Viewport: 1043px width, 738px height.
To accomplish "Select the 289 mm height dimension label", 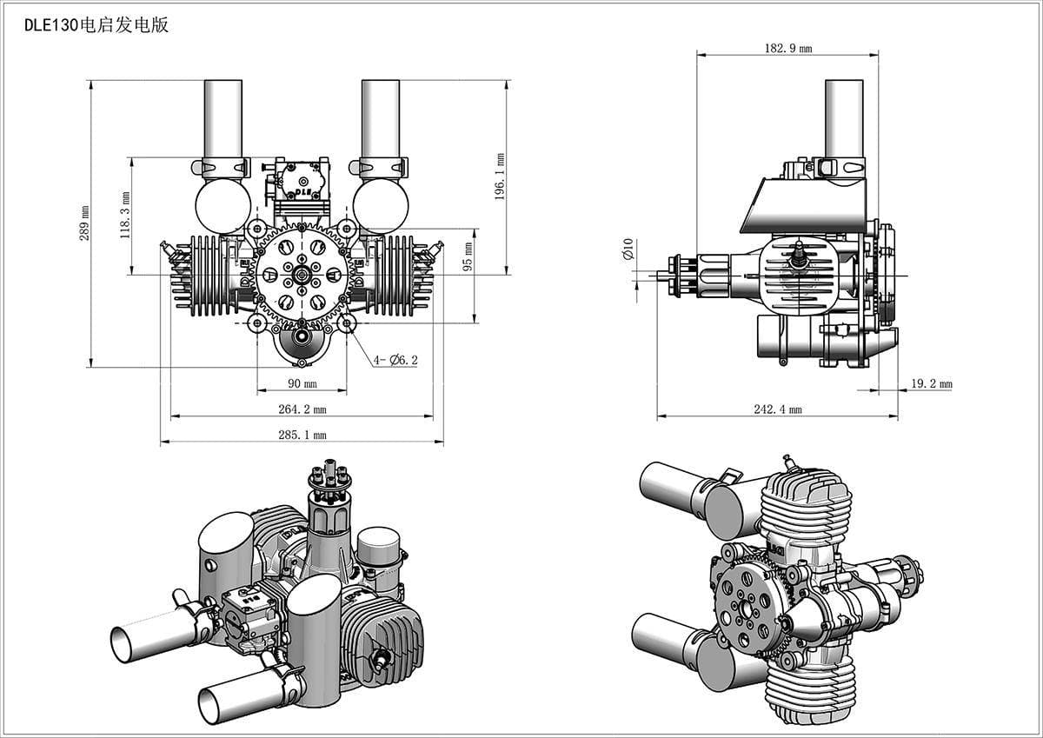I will coord(85,223).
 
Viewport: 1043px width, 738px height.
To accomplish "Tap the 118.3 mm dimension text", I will coord(125,216).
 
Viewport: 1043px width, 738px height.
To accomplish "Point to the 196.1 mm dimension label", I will coord(501,177).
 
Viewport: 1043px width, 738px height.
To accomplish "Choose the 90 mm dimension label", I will coord(302,383).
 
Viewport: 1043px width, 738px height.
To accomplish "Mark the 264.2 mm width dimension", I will coord(302,409).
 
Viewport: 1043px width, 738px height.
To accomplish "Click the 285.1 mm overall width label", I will coord(302,435).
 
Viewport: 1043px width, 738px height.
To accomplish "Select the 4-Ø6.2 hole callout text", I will coord(395,359).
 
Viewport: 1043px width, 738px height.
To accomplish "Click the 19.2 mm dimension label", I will coord(931,383).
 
